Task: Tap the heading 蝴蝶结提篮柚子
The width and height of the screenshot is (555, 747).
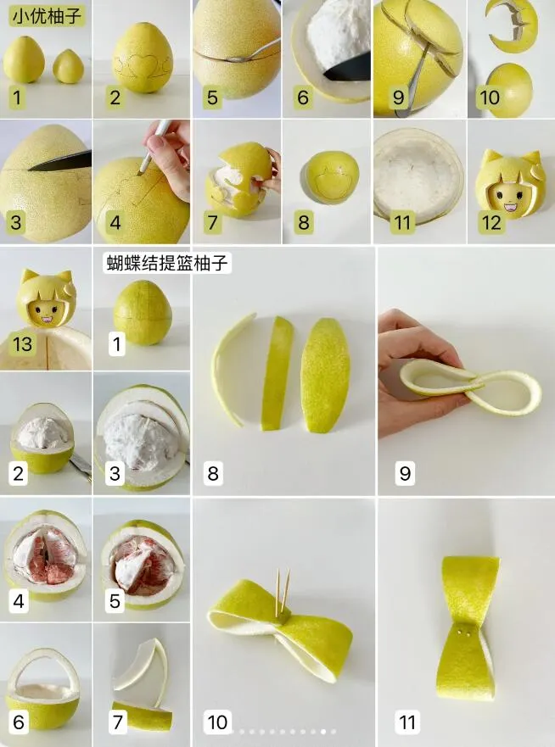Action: pos(167,263)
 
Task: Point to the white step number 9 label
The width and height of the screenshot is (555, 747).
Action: pos(405,471)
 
